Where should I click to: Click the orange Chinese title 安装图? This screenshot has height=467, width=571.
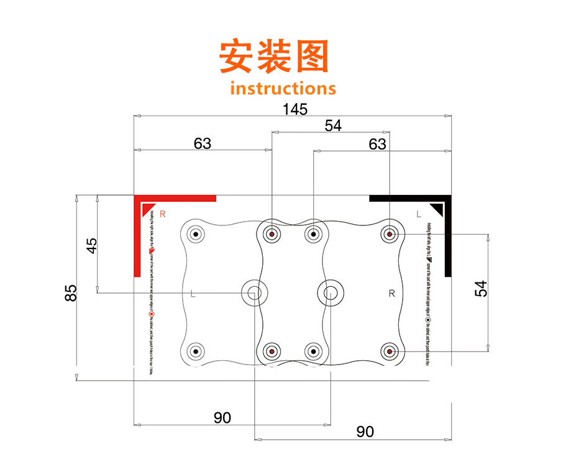pyautogui.click(x=273, y=57)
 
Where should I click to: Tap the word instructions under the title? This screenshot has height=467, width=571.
pyautogui.click(x=283, y=88)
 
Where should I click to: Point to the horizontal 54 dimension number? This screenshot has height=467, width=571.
pyautogui.click(x=333, y=125)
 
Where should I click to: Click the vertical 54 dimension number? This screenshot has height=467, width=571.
pyautogui.click(x=482, y=288)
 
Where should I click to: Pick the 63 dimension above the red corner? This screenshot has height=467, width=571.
pyautogui.click(x=202, y=143)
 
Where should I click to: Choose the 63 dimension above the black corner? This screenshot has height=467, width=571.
pyautogui.click(x=377, y=144)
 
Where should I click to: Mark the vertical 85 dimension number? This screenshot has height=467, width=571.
pyautogui.click(x=71, y=292)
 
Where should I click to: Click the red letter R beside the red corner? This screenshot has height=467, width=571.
pyautogui.click(x=163, y=214)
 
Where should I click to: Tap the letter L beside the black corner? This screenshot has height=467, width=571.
pyautogui.click(x=419, y=214)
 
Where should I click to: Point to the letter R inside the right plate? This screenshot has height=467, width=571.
pyautogui.click(x=391, y=294)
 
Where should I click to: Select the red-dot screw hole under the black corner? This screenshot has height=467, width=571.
pyautogui.click(x=389, y=235)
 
